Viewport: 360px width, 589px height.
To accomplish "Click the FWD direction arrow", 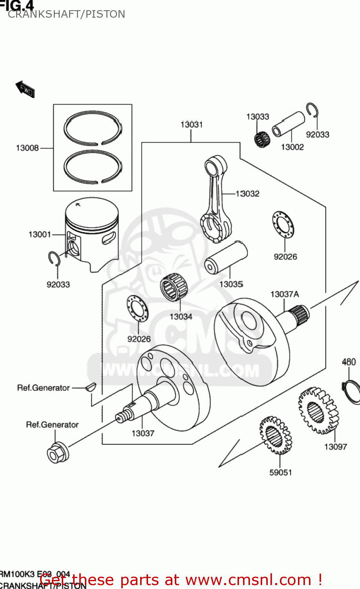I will pos(25,90).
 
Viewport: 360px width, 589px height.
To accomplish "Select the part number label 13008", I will pos(27,148).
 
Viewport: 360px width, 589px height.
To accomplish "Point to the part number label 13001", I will pos(40,234).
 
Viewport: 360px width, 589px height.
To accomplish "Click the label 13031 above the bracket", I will pos(191,124).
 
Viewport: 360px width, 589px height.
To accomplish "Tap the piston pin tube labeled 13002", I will pos(289,124).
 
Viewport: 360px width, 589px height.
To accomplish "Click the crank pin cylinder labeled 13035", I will pos(226,258).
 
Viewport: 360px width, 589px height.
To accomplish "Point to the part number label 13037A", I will pos(284,294).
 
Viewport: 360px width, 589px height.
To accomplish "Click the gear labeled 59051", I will pos(275,435).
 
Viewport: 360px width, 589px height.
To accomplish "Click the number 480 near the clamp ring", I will pos(349,362).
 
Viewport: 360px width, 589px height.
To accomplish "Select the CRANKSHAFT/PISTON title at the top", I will pos(66,14).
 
